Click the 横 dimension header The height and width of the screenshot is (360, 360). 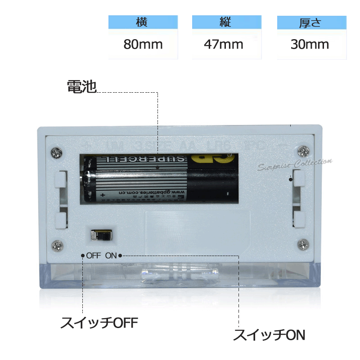pyautogui.click(x=142, y=22)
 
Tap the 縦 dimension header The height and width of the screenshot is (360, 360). pyautogui.click(x=226, y=22)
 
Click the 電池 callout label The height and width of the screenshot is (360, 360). pyautogui.click(x=81, y=86)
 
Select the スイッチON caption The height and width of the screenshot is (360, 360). pyautogui.click(x=269, y=335)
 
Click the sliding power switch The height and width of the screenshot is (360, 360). pyautogui.click(x=101, y=235)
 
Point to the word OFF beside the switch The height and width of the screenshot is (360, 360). pyautogui.click(x=94, y=256)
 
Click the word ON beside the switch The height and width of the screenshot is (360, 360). pyautogui.click(x=111, y=256)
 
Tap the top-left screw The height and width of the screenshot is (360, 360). pyautogui.click(x=56, y=152)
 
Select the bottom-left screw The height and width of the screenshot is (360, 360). pyautogui.click(x=57, y=245)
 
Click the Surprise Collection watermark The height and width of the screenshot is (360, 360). pyautogui.click(x=296, y=164)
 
